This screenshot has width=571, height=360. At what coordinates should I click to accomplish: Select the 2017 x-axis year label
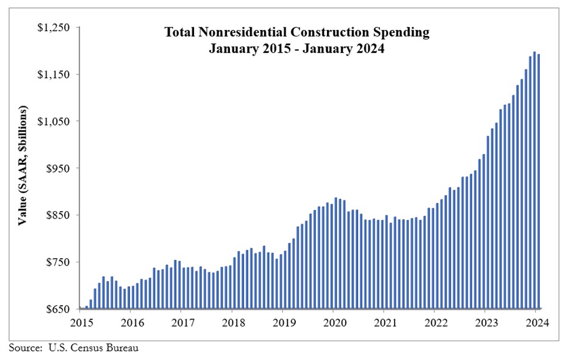coord(182,322)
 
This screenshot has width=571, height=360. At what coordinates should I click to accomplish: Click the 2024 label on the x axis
coord(535,322)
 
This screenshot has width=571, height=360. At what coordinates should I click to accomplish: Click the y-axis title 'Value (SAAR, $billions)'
coord(23,165)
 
